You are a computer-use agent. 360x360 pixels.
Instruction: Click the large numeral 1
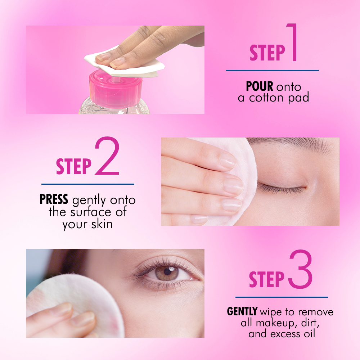(292, 42)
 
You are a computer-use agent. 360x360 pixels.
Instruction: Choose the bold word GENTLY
(242, 311)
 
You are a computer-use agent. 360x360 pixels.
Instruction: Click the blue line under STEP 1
(272, 71)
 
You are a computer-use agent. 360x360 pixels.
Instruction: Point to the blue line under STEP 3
(282, 297)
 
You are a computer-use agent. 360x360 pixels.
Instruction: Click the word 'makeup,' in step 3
(273, 323)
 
